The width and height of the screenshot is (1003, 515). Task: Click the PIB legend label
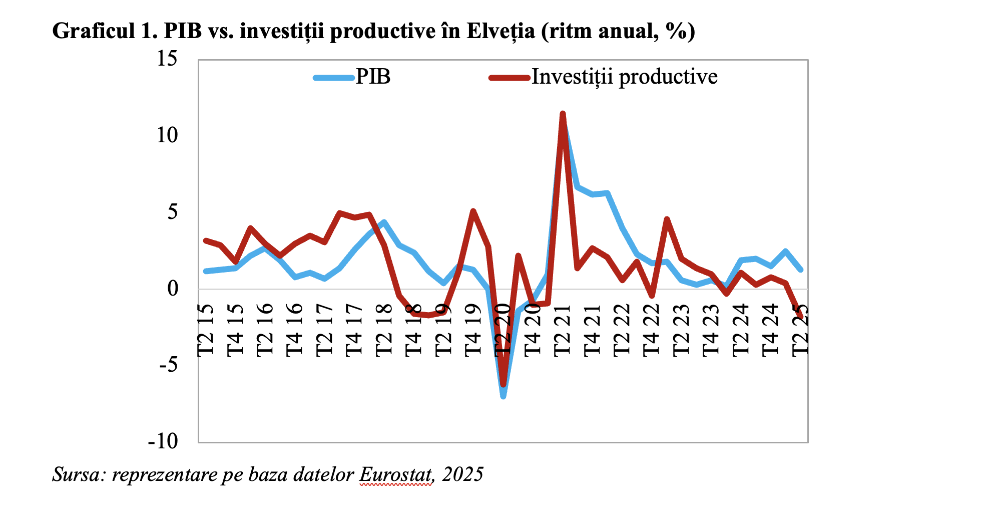pos(373,77)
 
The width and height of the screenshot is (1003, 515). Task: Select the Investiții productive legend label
pos(624,77)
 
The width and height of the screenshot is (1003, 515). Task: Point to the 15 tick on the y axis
pos(167,59)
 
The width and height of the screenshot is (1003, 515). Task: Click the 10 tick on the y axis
pos(167,135)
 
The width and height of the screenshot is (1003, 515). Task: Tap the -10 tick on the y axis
pos(163,441)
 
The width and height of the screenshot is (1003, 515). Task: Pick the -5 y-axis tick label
pos(168,365)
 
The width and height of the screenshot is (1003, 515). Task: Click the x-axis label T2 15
pos(206,330)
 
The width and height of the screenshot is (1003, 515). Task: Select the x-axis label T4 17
pos(354,330)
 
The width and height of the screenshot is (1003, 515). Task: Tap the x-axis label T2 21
pos(563,330)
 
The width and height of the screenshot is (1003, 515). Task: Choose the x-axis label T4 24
pos(771,330)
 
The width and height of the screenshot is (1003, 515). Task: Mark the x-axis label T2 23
pos(682,330)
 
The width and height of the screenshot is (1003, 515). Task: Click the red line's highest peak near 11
pos(563,114)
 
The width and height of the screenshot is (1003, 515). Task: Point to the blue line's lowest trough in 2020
pos(503,396)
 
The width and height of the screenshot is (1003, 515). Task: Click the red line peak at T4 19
pos(473,211)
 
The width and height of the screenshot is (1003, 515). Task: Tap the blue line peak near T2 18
pos(384,222)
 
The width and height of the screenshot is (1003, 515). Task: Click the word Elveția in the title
pos(501,31)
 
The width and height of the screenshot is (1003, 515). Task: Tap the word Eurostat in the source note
pos(395,474)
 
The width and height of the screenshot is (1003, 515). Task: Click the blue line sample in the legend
pos(333,78)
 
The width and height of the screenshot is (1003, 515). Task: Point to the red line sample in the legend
pos(509,78)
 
